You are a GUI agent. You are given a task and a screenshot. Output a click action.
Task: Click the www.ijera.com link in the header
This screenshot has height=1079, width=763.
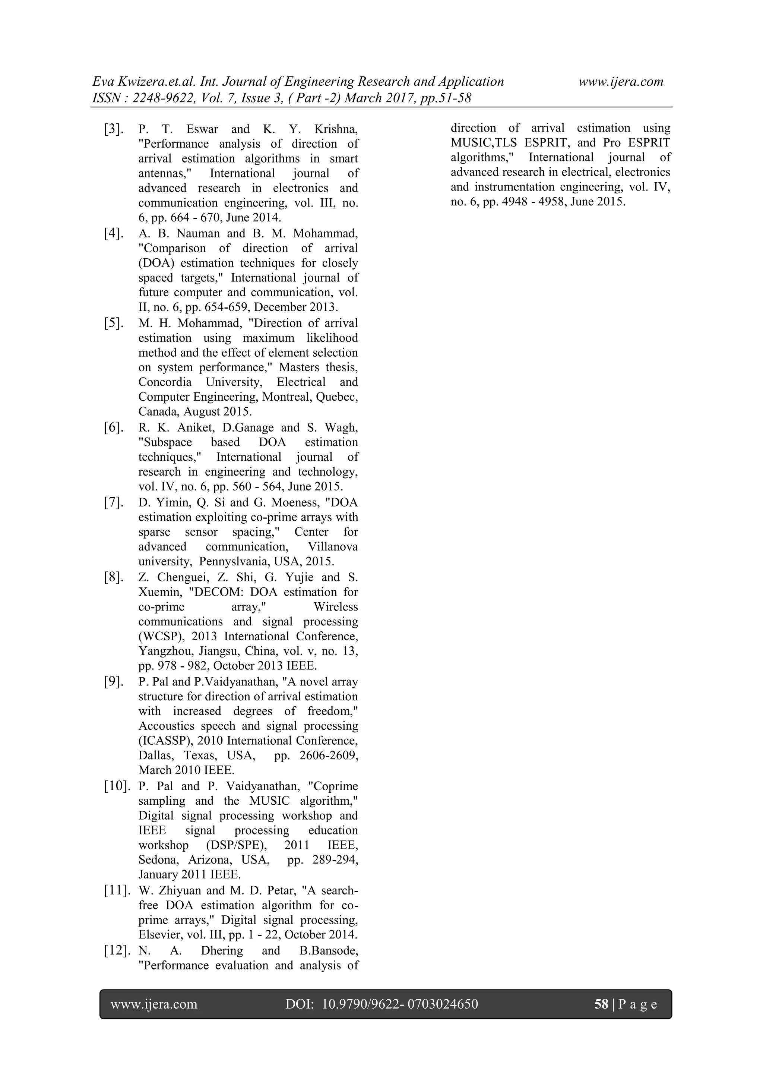(621, 82)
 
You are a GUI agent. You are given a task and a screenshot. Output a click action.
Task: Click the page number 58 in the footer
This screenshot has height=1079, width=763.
(601, 1004)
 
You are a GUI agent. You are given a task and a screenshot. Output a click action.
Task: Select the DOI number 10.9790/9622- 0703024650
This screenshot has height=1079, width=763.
(400, 1004)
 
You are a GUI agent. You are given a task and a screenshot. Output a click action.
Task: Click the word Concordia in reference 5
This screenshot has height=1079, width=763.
(165, 382)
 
